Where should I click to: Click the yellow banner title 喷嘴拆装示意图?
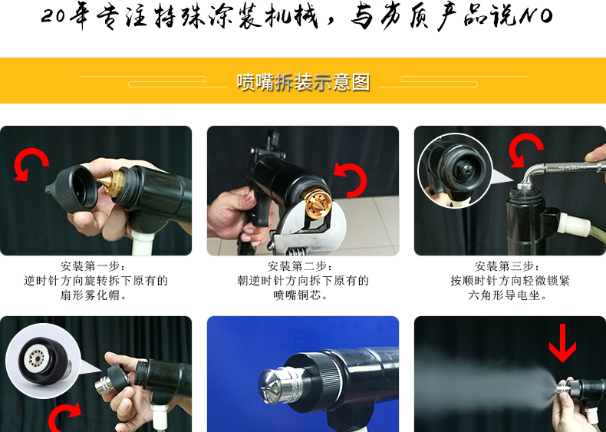tap(304, 82)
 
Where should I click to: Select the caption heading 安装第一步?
tap(91, 266)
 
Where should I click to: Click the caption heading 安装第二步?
tap(298, 266)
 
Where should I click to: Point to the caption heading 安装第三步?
tap(505, 266)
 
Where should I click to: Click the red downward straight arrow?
tap(563, 343)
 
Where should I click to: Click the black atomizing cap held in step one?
tap(74, 187)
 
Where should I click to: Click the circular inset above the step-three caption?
tap(456, 170)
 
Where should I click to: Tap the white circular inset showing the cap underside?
tap(43, 361)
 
